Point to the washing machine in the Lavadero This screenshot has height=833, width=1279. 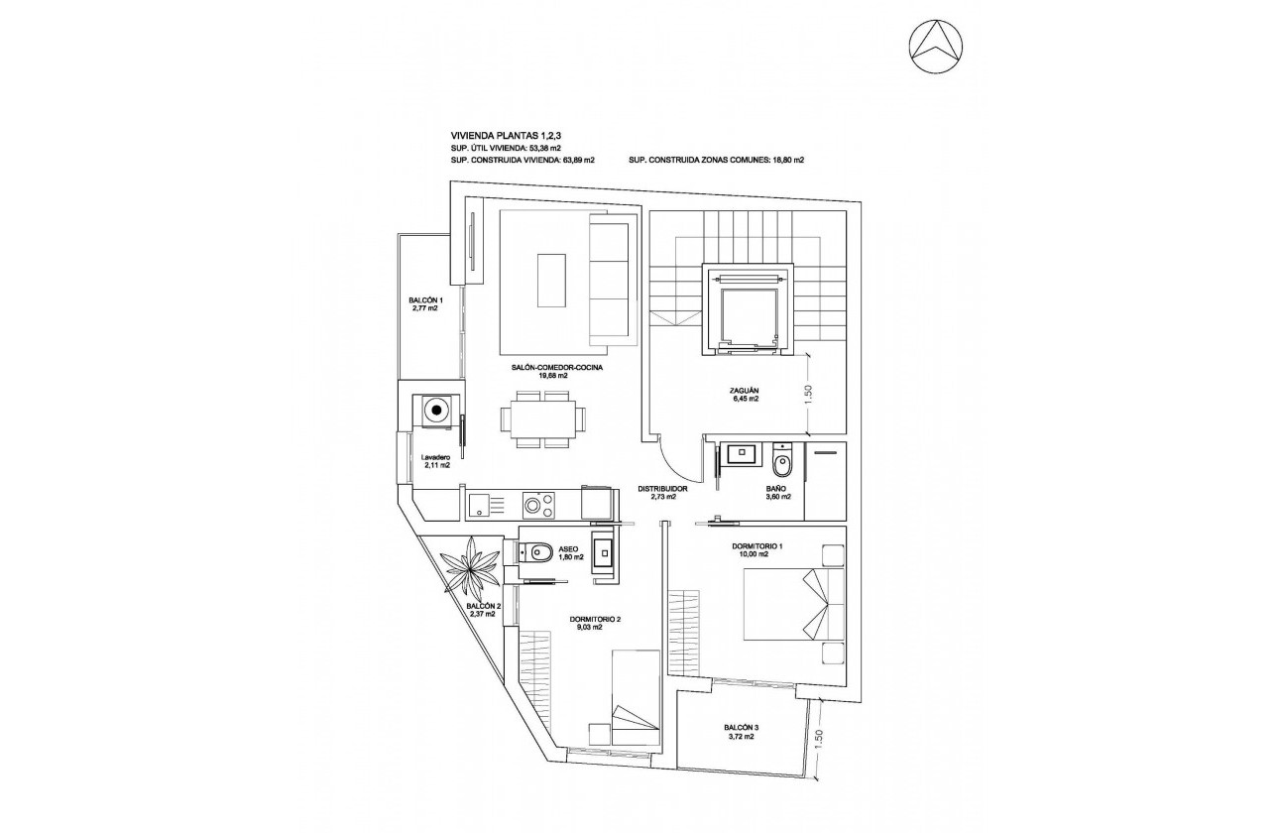pyautogui.click(x=436, y=409)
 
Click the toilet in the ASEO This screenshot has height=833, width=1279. pyautogui.click(x=539, y=551)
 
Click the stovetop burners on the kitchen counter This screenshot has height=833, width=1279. pyautogui.click(x=538, y=506)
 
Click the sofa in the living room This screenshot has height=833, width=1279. pyautogui.click(x=610, y=281)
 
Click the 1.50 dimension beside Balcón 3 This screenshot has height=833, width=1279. pyautogui.click(x=818, y=739)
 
